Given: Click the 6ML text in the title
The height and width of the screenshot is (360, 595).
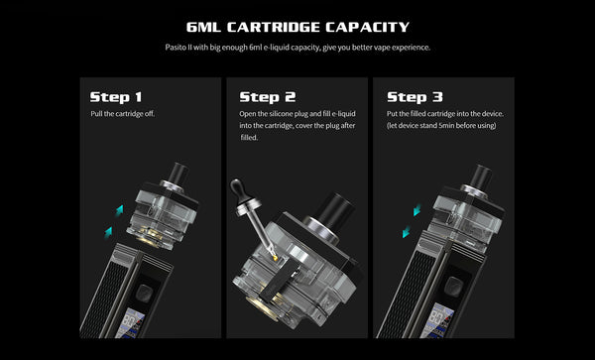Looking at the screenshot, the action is coord(204,27).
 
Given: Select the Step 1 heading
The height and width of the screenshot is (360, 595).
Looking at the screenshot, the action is coord(116,97).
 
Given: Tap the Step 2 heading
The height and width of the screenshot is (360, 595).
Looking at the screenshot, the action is coord(268,97).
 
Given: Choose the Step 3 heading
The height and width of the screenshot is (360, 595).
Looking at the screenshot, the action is coord(415,97).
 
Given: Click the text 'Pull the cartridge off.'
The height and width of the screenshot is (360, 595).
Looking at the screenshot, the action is coord(123,114).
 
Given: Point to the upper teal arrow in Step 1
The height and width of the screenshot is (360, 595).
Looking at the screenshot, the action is coord(120,210).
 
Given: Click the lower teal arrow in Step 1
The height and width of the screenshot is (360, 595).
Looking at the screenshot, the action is coord(108,232).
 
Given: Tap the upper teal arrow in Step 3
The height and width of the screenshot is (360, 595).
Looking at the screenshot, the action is coord(417,209).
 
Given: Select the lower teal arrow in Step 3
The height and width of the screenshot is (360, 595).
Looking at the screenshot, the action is coord(407,231).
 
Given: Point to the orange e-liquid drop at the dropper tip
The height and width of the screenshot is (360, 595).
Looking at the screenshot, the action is coord(275,258).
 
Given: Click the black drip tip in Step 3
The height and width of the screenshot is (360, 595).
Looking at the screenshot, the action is coord(480,176).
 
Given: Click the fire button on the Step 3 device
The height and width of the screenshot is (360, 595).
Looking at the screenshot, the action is coord(452,286).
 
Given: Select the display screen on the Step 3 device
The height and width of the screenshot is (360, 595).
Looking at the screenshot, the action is coord(436,321).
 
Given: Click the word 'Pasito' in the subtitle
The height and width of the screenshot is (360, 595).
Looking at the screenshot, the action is coord(176,48).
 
